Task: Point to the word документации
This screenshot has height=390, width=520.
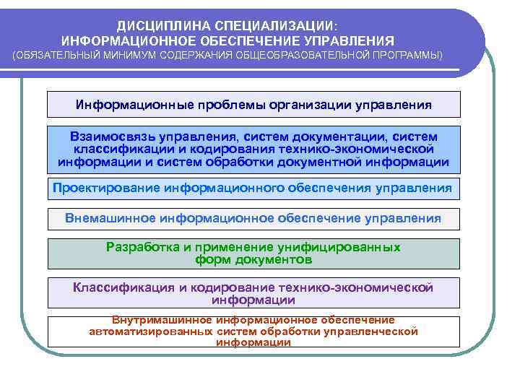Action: point(339,136)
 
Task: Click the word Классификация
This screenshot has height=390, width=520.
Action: point(118,287)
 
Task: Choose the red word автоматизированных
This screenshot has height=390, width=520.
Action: point(150,331)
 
